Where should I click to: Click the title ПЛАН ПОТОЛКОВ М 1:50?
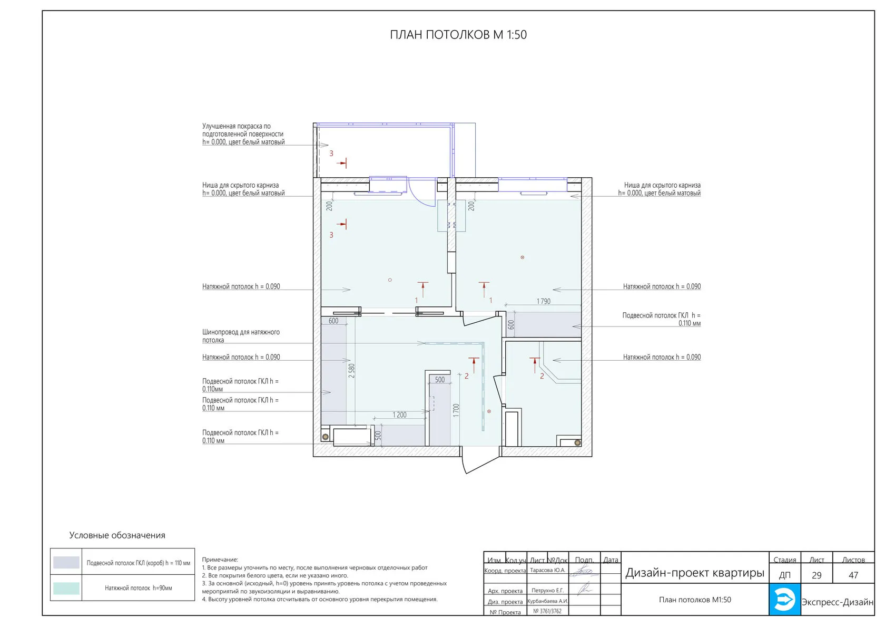[458, 35]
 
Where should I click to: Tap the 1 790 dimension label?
[543, 301]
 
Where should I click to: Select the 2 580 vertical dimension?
[352, 371]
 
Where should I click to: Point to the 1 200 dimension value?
[399, 415]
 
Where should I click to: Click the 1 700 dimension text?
[456, 410]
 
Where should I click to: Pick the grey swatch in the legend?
[66, 562]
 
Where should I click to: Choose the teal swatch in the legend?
[66, 588]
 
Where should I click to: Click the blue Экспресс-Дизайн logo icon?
[785, 599]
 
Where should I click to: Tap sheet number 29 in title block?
[817, 575]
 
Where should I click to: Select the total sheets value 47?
[853, 575]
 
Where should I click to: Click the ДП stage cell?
[785, 575]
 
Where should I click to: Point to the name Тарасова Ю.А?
[548, 570]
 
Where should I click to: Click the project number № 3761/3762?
[547, 611]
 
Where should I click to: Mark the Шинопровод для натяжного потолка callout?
[241, 336]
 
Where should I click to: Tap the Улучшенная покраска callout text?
[243, 134]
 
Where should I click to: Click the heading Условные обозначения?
[117, 535]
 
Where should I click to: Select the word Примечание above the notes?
[220, 560]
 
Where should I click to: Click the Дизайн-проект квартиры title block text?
[695, 573]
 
